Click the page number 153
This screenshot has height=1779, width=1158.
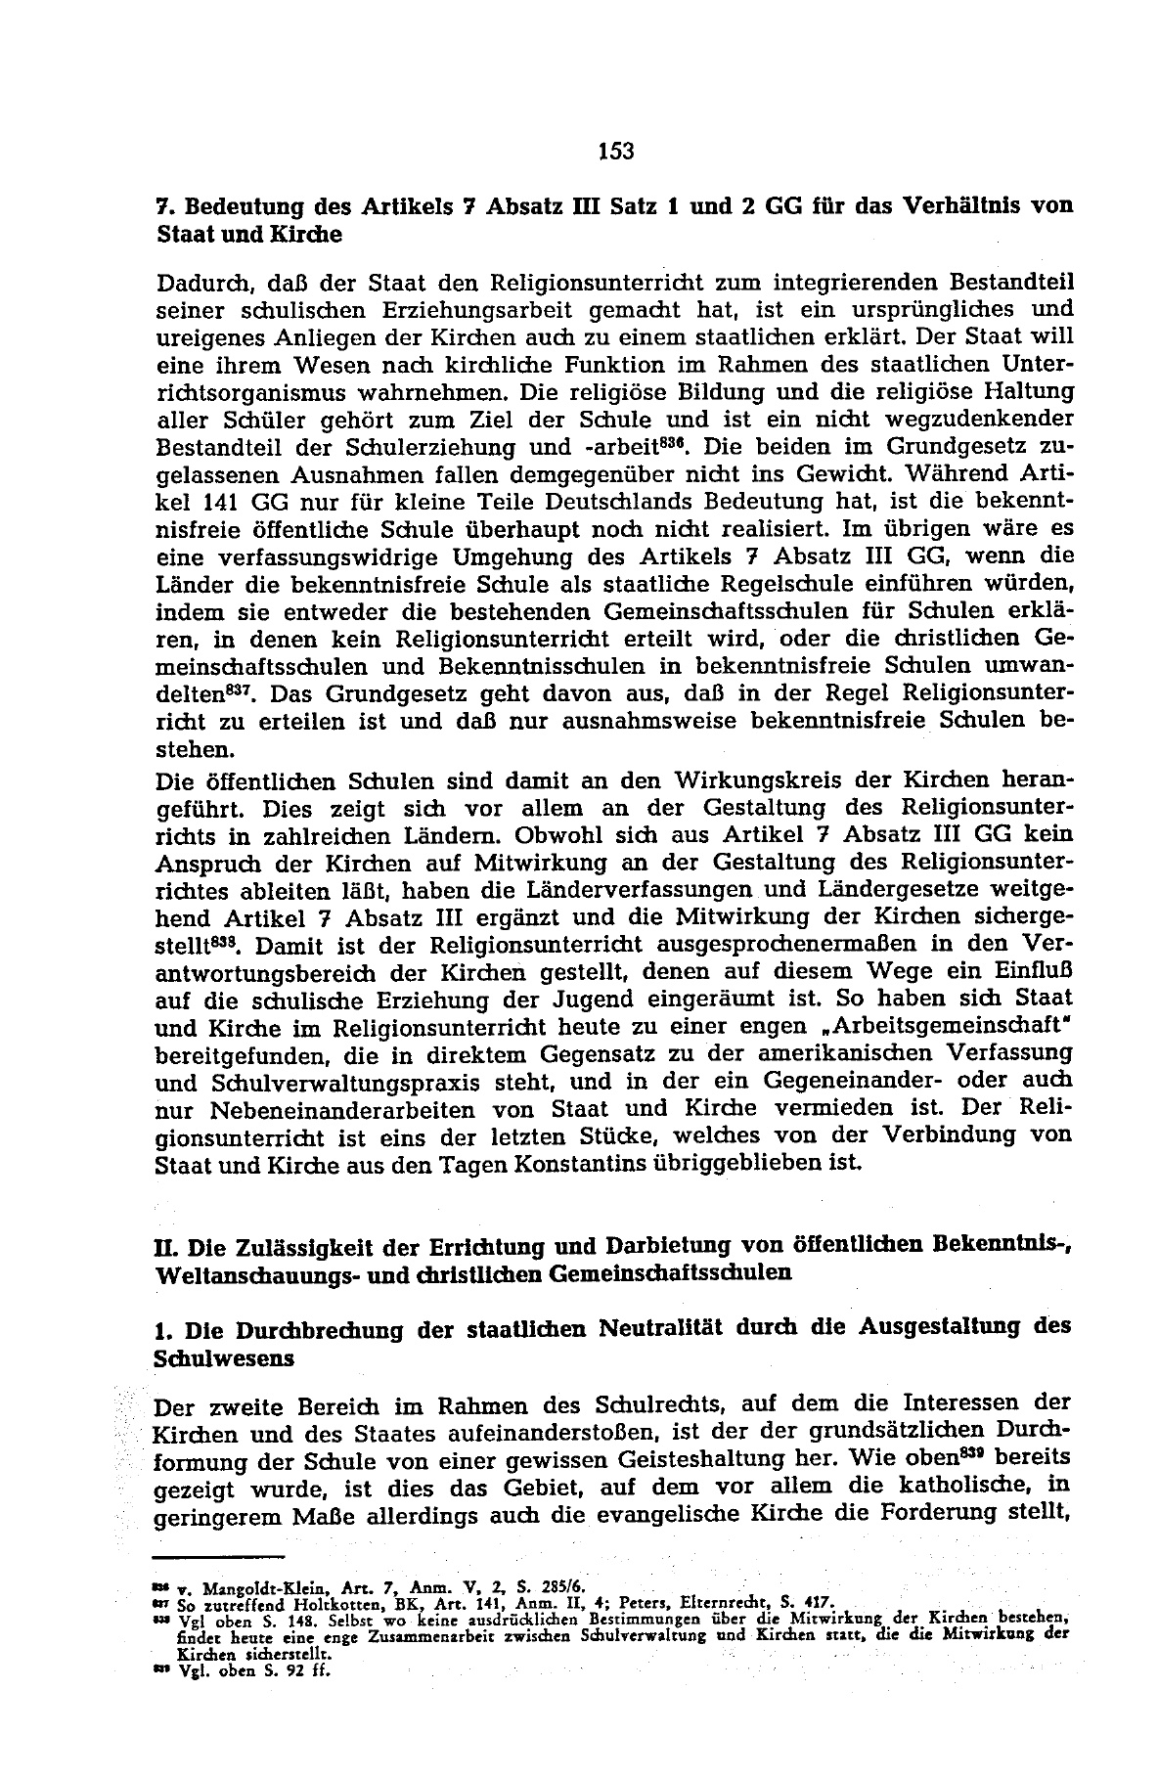click(x=615, y=151)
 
